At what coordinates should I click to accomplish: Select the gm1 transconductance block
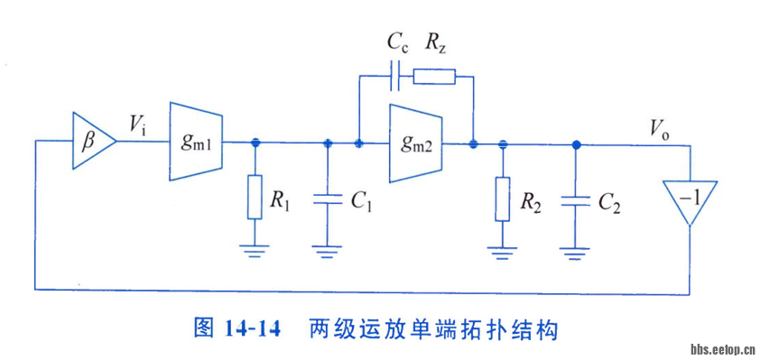click(196, 142)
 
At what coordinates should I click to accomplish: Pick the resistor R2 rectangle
click(503, 200)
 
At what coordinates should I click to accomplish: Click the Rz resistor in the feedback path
click(434, 76)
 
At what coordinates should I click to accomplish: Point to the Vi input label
click(138, 126)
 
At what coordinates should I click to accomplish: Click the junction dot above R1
click(255, 142)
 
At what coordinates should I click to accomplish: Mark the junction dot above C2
click(575, 143)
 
